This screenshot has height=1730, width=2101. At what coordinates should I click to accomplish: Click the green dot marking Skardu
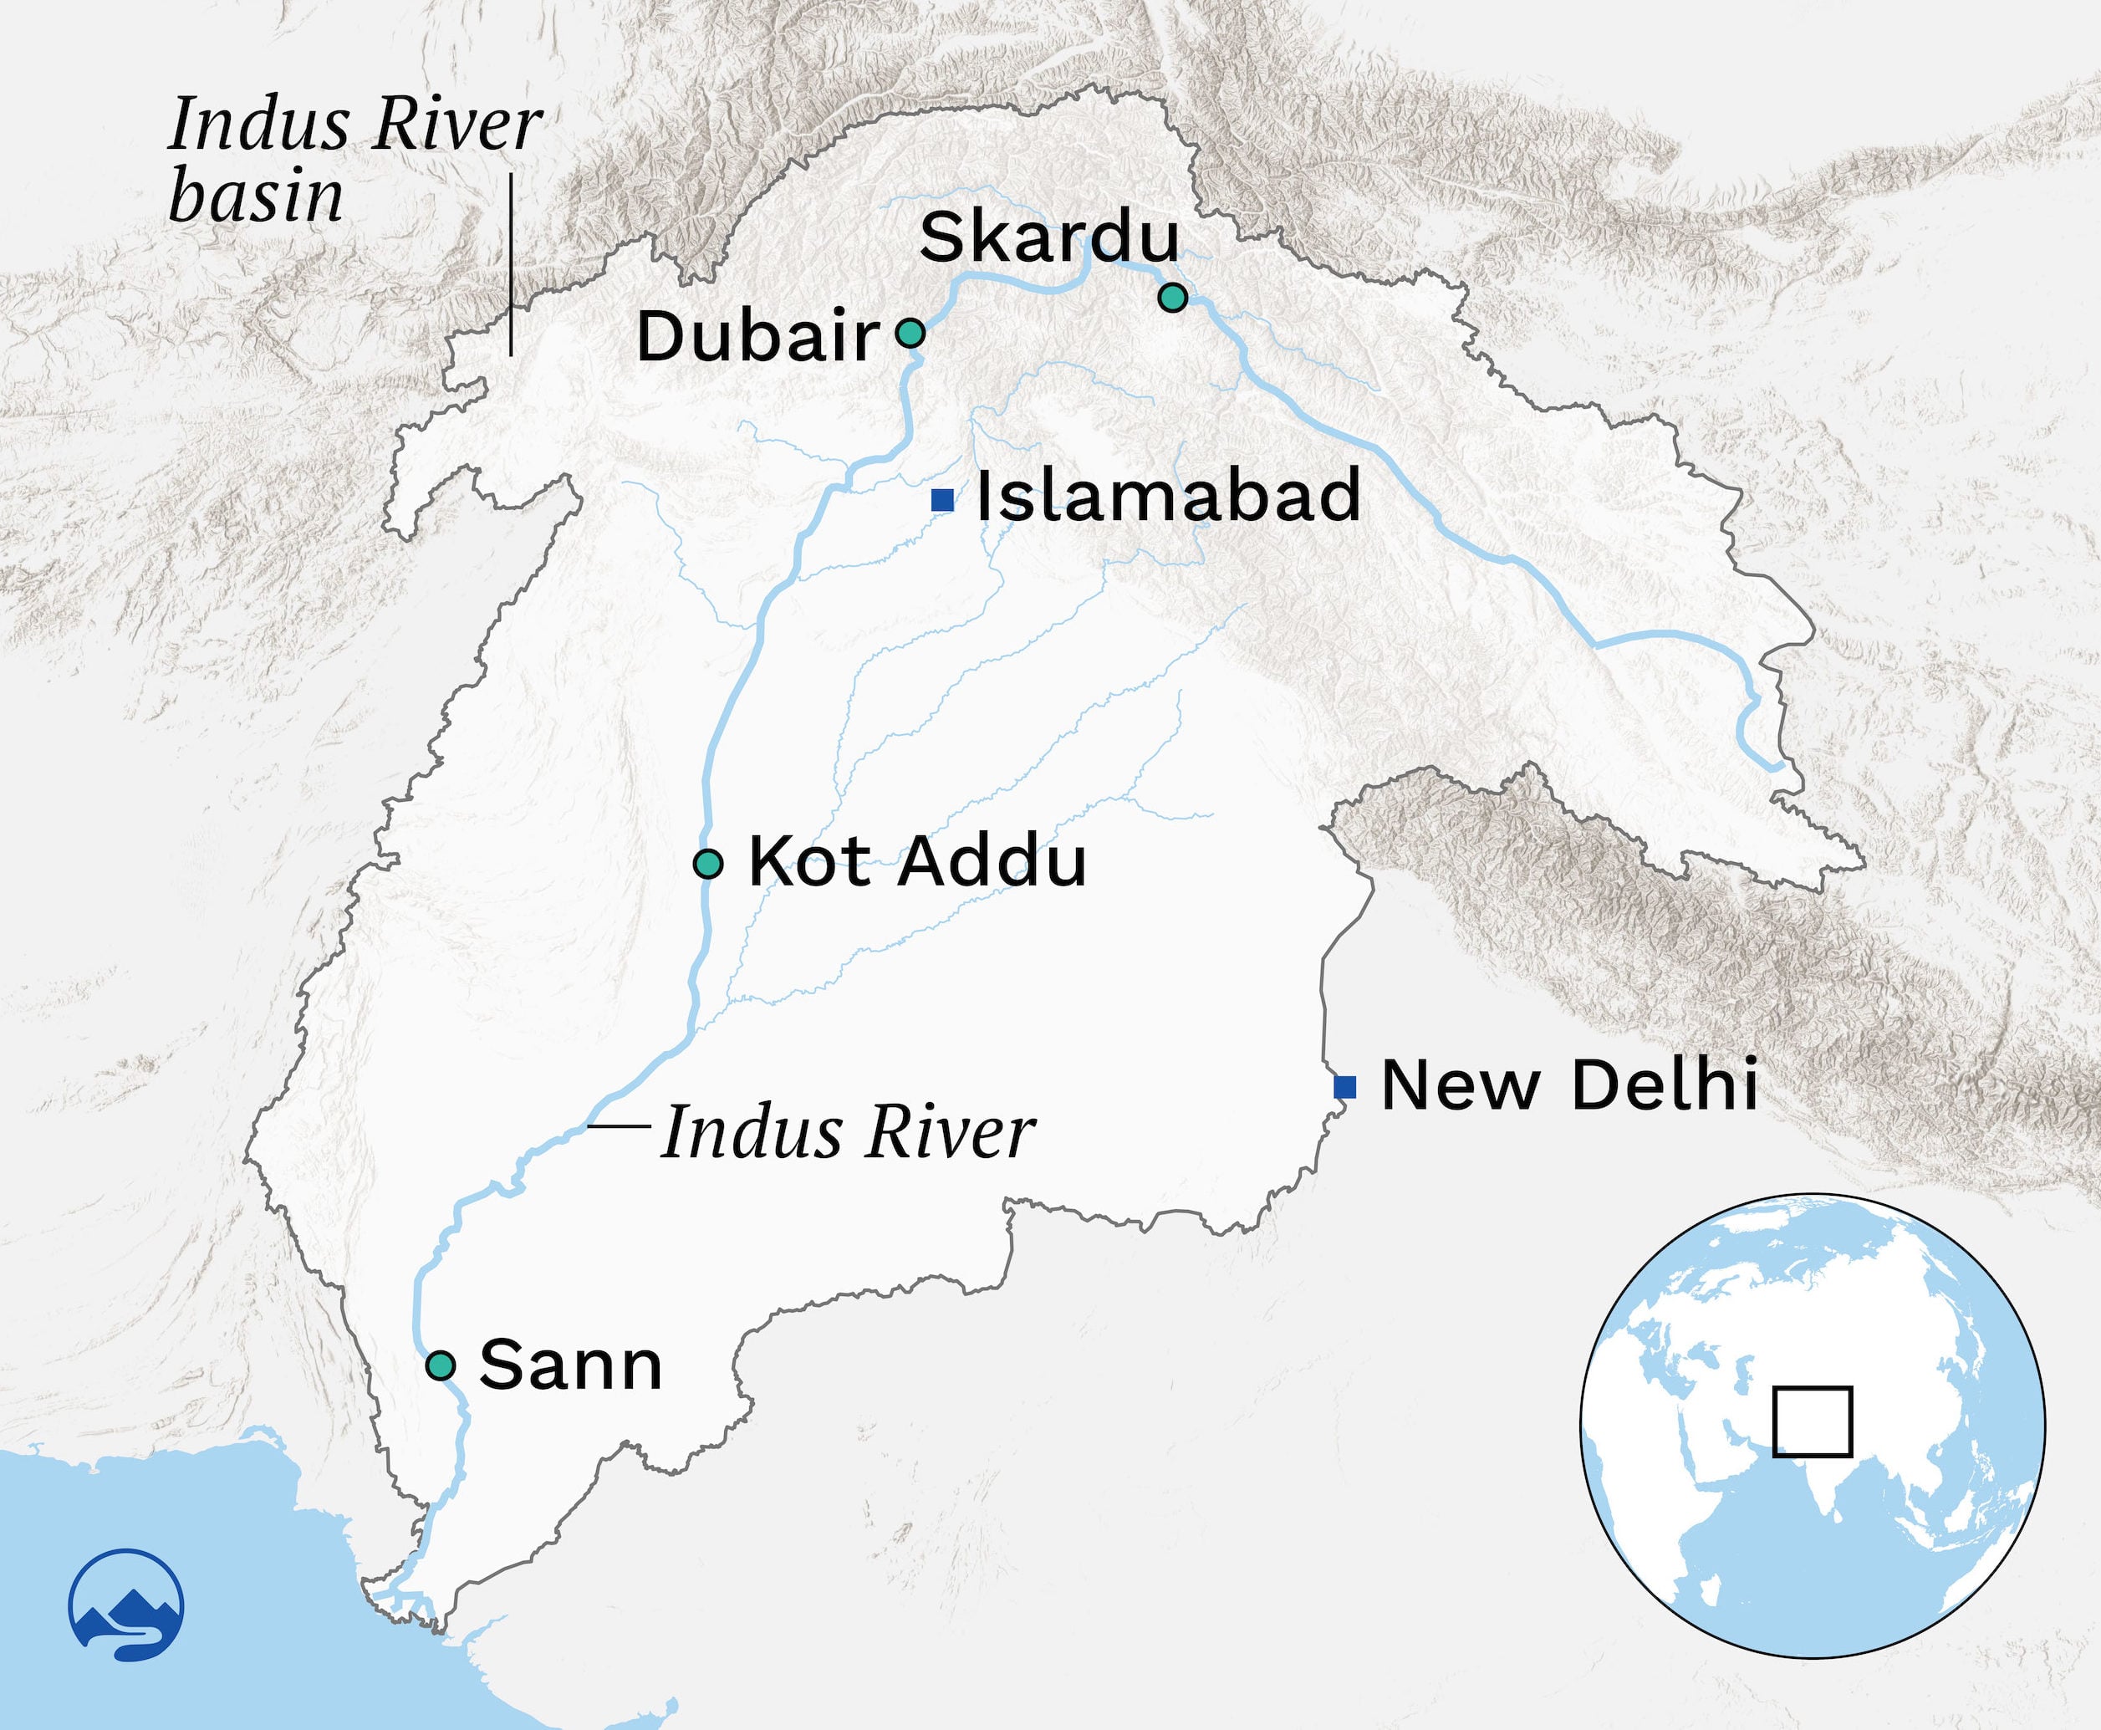(1172, 297)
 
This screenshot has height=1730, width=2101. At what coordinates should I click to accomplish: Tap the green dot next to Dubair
(910, 333)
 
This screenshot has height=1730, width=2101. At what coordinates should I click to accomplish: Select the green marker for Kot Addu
(707, 864)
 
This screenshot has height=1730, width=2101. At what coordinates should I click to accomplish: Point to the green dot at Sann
(441, 1365)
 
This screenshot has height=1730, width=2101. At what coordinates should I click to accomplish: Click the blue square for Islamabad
(941, 500)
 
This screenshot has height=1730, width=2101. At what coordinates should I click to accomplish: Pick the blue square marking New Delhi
(1345, 1087)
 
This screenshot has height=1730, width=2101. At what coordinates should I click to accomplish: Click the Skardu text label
(1048, 238)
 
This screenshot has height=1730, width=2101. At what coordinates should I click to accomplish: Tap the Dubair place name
(758, 337)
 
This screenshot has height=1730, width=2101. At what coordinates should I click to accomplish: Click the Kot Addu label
(916, 861)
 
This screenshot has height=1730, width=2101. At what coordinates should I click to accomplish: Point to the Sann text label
(570, 1365)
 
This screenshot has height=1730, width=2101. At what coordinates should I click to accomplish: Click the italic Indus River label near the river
(848, 1133)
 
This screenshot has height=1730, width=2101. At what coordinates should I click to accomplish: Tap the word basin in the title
(256, 196)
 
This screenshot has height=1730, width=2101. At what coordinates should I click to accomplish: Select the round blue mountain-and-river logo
(126, 1605)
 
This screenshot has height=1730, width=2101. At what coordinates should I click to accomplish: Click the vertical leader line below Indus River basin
(510, 264)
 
